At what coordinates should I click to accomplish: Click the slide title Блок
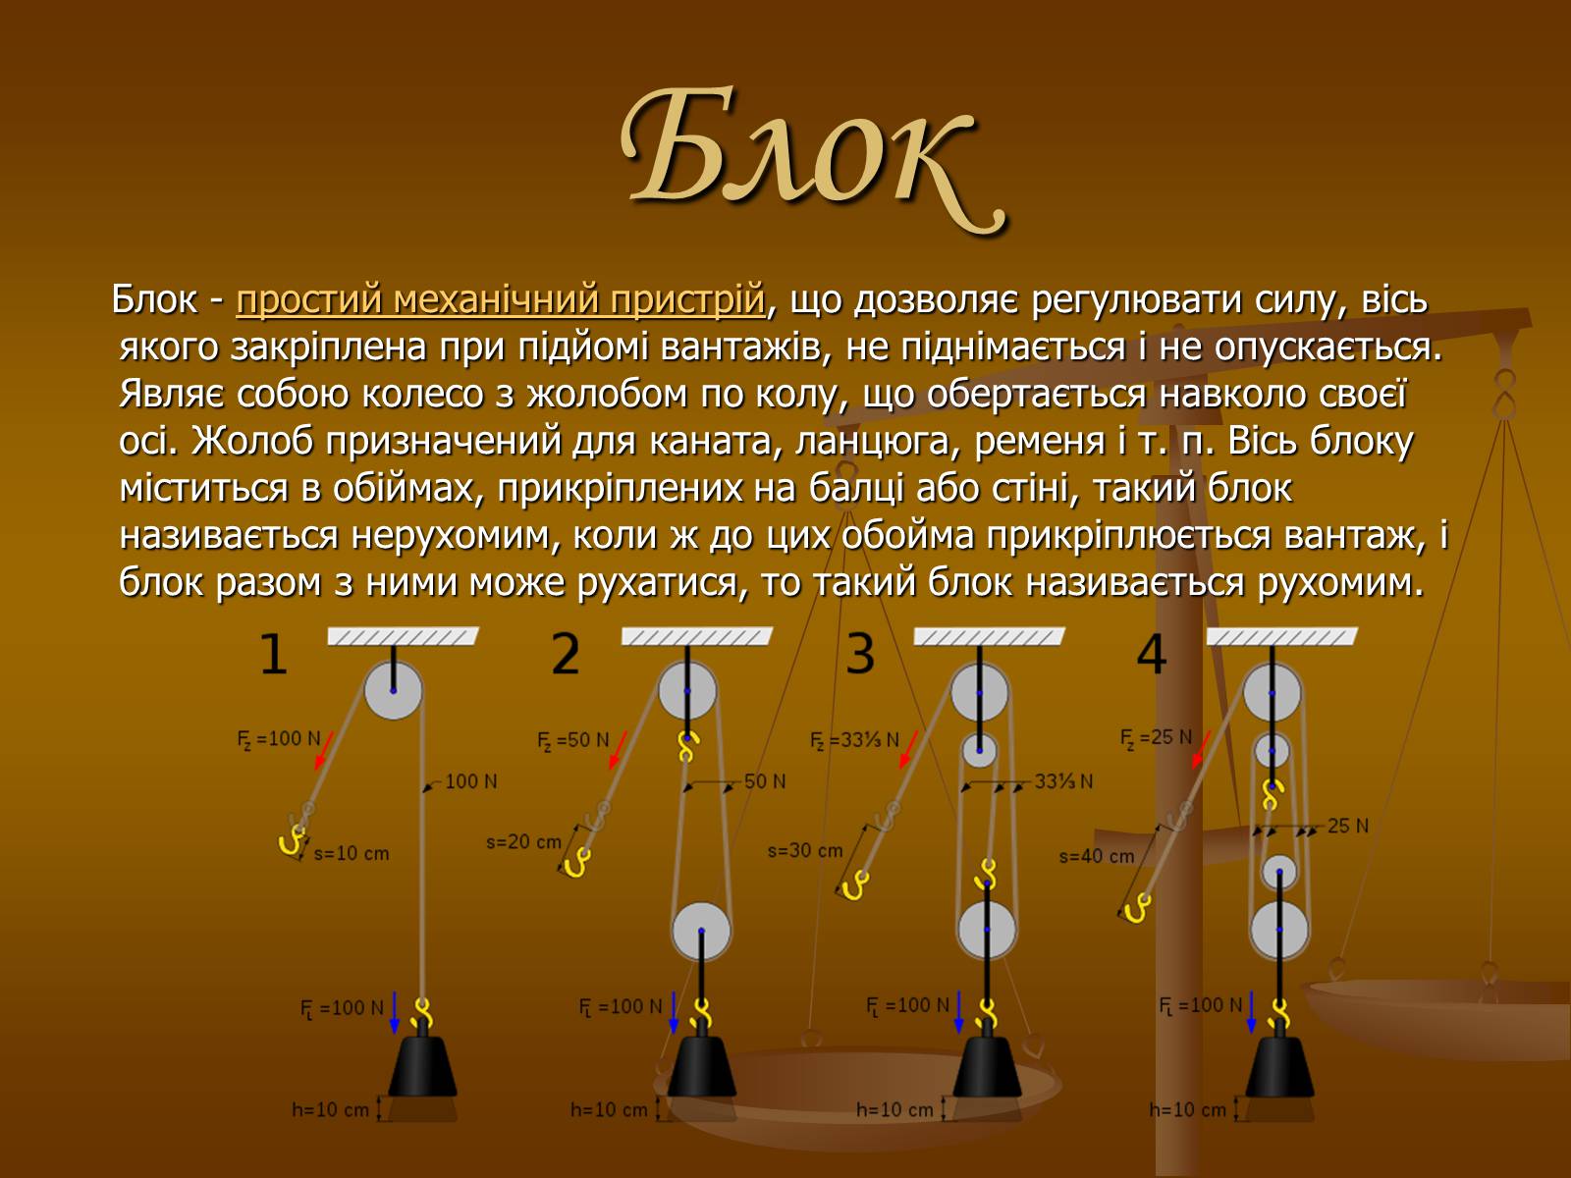pyautogui.click(x=813, y=159)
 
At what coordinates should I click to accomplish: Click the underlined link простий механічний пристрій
pyautogui.click(x=501, y=299)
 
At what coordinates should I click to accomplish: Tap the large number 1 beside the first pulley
pyautogui.click(x=273, y=654)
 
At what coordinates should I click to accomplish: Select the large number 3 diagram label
pyautogui.click(x=859, y=654)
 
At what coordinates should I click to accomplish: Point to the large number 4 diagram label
pyautogui.click(x=1152, y=654)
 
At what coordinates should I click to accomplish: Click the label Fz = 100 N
pyautogui.click(x=279, y=739)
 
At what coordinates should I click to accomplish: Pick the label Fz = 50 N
pyautogui.click(x=573, y=740)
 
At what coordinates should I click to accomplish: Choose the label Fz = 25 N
pyautogui.click(x=1156, y=737)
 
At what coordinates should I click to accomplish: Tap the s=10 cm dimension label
pyautogui.click(x=352, y=853)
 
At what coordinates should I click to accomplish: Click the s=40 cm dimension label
pyautogui.click(x=1097, y=856)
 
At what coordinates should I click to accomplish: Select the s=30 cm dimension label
pyautogui.click(x=805, y=851)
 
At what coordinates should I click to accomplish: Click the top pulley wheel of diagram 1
pyautogui.click(x=393, y=690)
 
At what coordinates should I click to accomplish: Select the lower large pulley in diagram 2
pyautogui.click(x=701, y=931)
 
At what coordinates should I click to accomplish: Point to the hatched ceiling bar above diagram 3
pyautogui.click(x=989, y=636)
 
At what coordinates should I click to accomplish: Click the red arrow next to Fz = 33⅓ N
pyautogui.click(x=908, y=750)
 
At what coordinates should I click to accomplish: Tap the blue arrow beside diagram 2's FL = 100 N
pyautogui.click(x=674, y=1012)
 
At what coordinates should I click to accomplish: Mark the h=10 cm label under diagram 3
pyautogui.click(x=894, y=1109)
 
